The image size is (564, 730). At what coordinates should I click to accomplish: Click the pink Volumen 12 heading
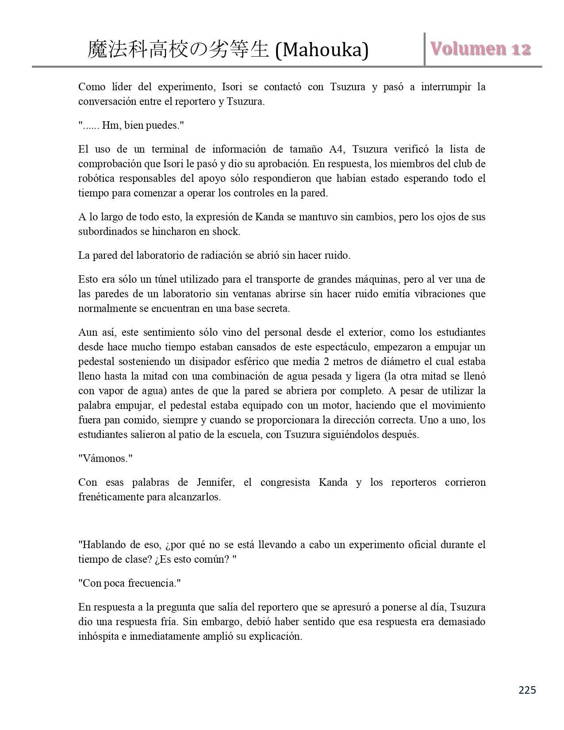pos(480,49)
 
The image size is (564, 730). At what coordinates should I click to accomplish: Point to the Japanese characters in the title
pos(178,50)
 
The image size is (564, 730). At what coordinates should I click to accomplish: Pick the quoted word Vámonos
pos(105,458)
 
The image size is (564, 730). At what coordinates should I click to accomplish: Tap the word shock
pos(226,231)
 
